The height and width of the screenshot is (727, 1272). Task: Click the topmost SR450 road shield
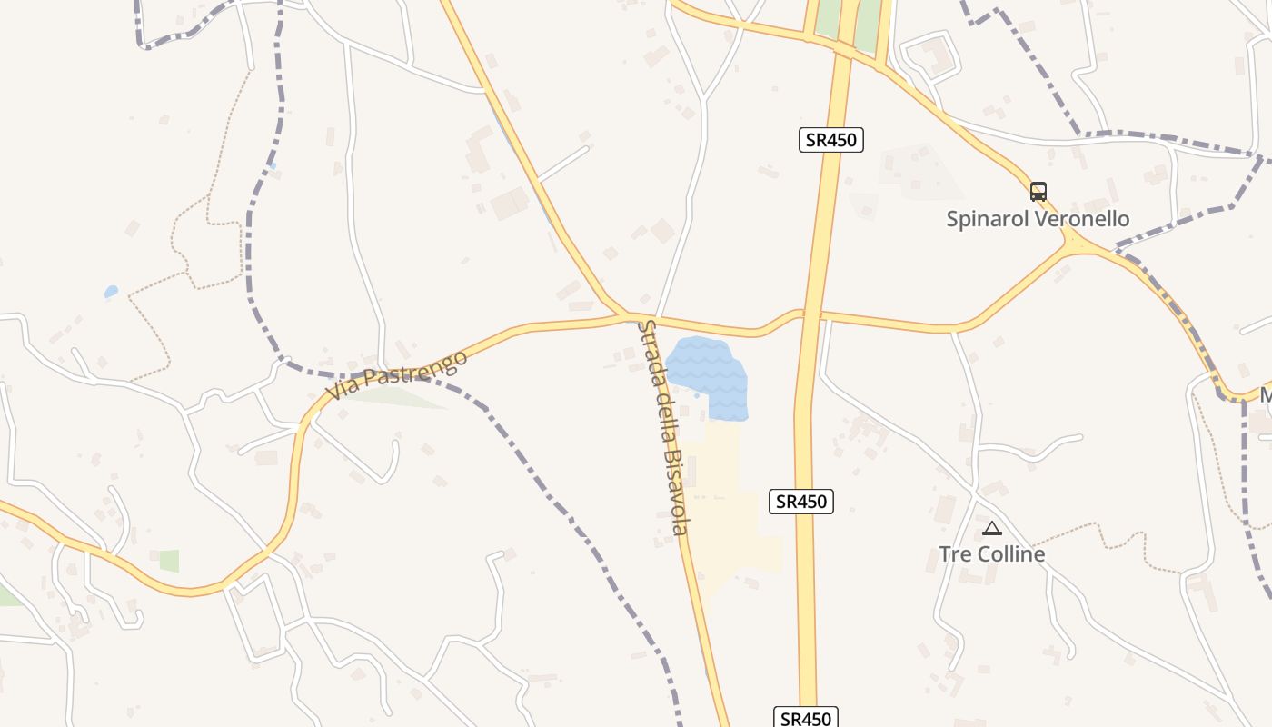pos(830,140)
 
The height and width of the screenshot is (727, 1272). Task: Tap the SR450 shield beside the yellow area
pos(800,501)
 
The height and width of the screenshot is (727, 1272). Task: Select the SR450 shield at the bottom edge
pos(806,718)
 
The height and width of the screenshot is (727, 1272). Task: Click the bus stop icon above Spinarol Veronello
pos(1038,192)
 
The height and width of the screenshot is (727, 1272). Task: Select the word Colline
pos(1009,554)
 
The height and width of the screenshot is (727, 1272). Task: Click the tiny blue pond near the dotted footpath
pos(111,292)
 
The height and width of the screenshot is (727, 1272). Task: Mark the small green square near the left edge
pos(169,561)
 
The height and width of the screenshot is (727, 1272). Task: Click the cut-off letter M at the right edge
pos(1265,395)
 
